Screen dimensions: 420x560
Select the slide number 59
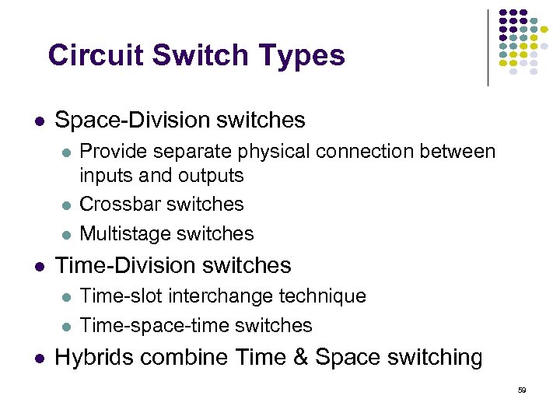point(522,390)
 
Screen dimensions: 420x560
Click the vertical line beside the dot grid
point(488,47)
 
